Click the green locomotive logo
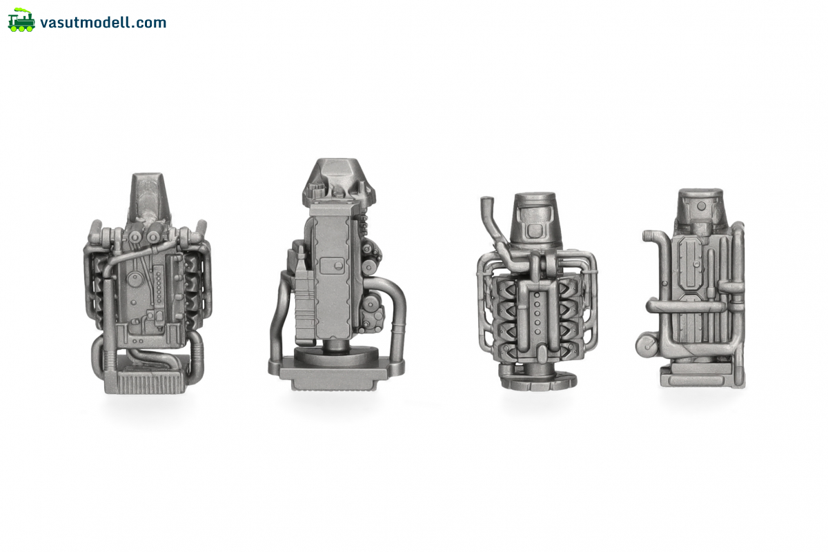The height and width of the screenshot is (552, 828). click(21, 20)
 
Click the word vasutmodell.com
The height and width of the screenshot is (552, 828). click(103, 23)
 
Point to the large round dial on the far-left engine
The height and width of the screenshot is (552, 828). click(135, 278)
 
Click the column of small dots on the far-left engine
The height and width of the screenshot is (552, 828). click(159, 287)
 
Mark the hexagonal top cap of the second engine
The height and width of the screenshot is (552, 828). click(338, 182)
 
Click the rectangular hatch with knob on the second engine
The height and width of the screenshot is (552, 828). click(332, 266)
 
